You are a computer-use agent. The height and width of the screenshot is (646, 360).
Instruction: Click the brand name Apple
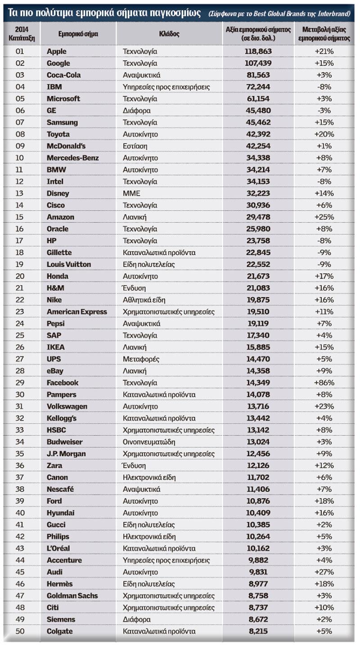tap(57, 51)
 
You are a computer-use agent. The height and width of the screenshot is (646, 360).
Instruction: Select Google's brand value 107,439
tap(258, 63)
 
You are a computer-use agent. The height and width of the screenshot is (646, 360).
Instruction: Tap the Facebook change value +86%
tap(324, 383)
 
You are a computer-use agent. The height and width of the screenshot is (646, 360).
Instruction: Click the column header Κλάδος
tap(169, 34)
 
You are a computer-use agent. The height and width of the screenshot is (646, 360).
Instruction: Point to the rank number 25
tap(20, 335)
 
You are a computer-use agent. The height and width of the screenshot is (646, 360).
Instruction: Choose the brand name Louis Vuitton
tap(68, 264)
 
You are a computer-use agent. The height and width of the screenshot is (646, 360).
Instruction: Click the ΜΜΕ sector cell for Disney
tap(131, 193)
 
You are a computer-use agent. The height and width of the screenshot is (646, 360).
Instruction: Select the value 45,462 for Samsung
tap(258, 122)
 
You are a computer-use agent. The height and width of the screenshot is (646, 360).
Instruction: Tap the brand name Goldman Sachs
tap(72, 596)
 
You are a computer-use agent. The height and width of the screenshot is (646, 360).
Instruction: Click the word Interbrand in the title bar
tap(334, 14)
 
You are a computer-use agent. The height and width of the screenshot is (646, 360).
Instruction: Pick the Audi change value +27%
tap(324, 572)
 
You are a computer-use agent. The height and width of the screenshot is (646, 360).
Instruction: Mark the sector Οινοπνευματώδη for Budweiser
tap(149, 442)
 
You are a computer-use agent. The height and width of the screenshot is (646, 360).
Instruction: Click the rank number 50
tap(20, 631)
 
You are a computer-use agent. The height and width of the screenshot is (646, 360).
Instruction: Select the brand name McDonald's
tap(66, 146)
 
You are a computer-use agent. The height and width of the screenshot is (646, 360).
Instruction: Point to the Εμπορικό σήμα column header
tap(78, 34)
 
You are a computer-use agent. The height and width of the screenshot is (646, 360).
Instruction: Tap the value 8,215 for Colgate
tap(258, 631)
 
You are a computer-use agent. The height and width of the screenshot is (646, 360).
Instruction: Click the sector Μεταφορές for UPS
tap(141, 359)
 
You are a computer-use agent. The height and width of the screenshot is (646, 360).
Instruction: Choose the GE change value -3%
tap(324, 110)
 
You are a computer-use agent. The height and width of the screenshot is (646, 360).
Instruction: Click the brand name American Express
tap(76, 312)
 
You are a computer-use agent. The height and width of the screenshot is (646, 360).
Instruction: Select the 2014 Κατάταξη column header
tap(22, 34)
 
